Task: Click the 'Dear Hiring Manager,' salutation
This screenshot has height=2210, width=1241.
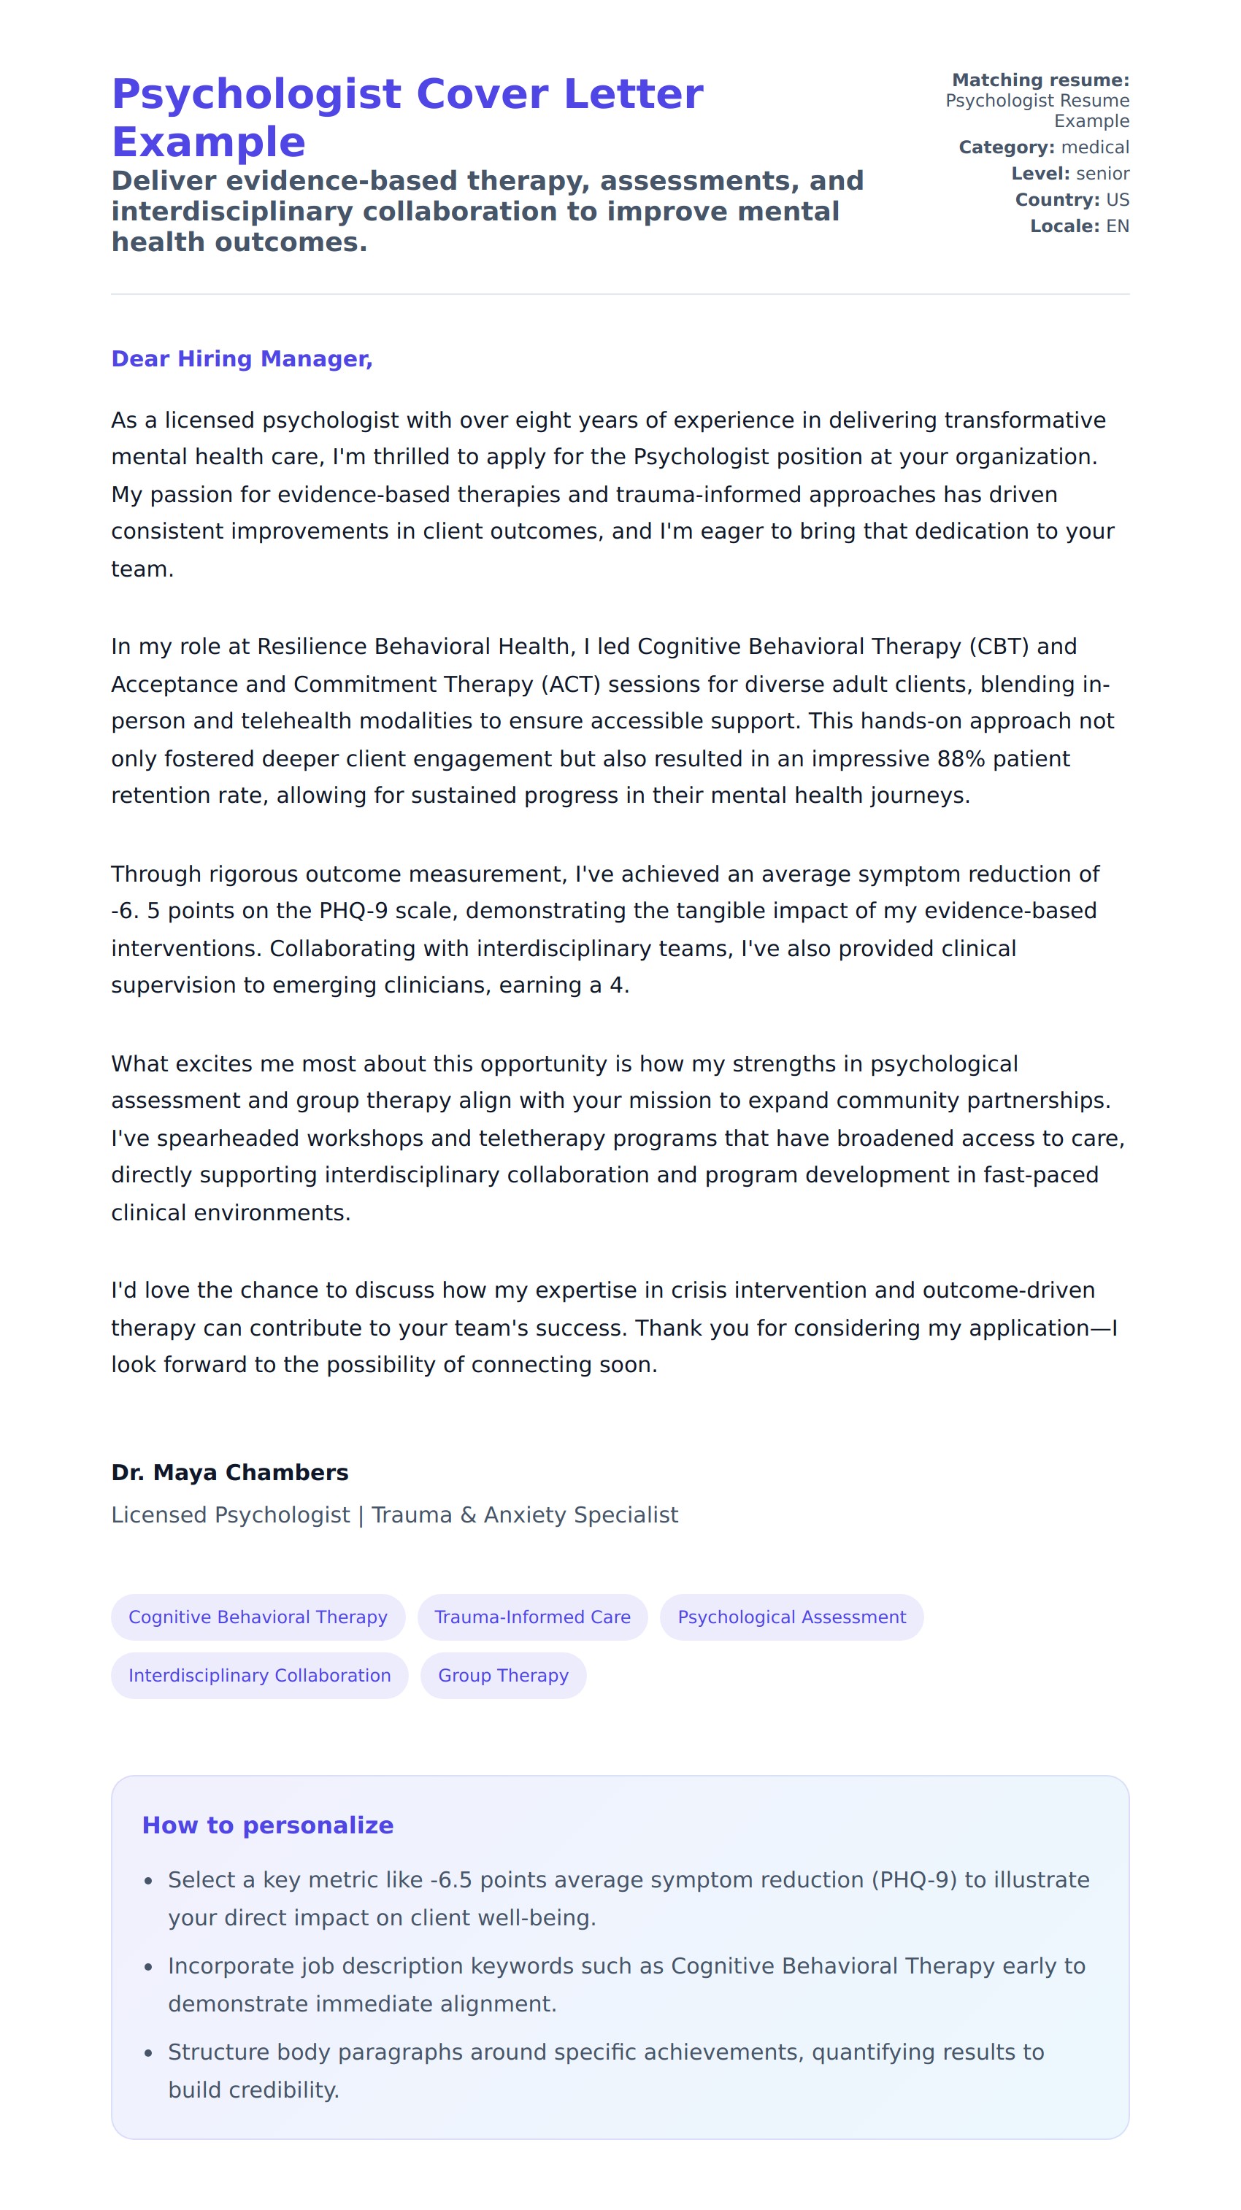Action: coord(241,358)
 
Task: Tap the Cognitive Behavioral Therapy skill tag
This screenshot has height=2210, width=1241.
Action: coord(258,1617)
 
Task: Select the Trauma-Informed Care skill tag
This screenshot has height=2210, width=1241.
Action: coord(532,1617)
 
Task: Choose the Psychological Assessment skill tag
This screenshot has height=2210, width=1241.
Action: coord(791,1617)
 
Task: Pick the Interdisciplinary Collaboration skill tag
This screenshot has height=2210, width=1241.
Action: coord(259,1676)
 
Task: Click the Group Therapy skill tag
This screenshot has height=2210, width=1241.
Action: coord(503,1676)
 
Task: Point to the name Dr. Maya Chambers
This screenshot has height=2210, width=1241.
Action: coord(229,1472)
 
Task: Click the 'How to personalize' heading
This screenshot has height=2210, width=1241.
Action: coord(267,1825)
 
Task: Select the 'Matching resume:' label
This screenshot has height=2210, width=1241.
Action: coord(1040,80)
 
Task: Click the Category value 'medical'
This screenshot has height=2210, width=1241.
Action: coord(1095,147)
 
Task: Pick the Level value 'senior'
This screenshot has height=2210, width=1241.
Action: coord(1102,173)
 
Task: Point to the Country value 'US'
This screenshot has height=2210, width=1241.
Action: coord(1118,200)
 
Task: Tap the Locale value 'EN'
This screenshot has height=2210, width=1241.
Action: coord(1118,226)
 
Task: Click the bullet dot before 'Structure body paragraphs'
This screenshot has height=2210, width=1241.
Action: coord(148,2053)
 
